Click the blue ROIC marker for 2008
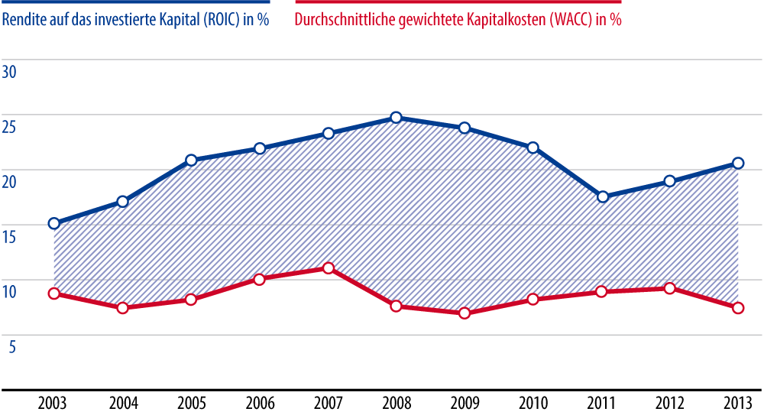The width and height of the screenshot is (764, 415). [x=396, y=118]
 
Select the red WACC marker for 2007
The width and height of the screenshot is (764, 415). [x=328, y=268]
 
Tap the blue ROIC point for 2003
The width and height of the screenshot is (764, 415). [x=54, y=223]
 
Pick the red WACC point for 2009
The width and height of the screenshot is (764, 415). [x=465, y=313]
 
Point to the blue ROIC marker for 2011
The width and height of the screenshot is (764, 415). [x=602, y=196]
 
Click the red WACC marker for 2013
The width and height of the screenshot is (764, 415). [x=738, y=308]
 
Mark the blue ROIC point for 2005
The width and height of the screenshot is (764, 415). [x=191, y=160]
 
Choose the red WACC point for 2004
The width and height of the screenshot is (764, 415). [x=122, y=308]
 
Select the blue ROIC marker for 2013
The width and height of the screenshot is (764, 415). [x=738, y=163]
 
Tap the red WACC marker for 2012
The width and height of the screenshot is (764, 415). [x=670, y=288]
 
